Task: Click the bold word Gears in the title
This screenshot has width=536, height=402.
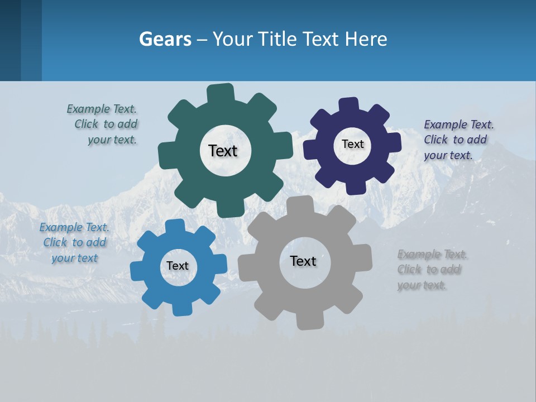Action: coord(165,39)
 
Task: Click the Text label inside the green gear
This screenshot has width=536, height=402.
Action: coord(223,151)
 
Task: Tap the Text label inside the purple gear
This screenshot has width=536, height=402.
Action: coord(352,144)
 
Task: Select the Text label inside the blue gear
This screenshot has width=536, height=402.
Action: coord(178,266)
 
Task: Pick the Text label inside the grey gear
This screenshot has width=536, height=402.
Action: coord(303,261)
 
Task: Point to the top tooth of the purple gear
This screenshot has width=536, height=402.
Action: coord(349,105)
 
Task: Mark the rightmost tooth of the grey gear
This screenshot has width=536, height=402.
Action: coord(364,257)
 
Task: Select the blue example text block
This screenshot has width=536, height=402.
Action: coord(74,242)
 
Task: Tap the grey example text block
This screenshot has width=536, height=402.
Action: coord(432,270)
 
